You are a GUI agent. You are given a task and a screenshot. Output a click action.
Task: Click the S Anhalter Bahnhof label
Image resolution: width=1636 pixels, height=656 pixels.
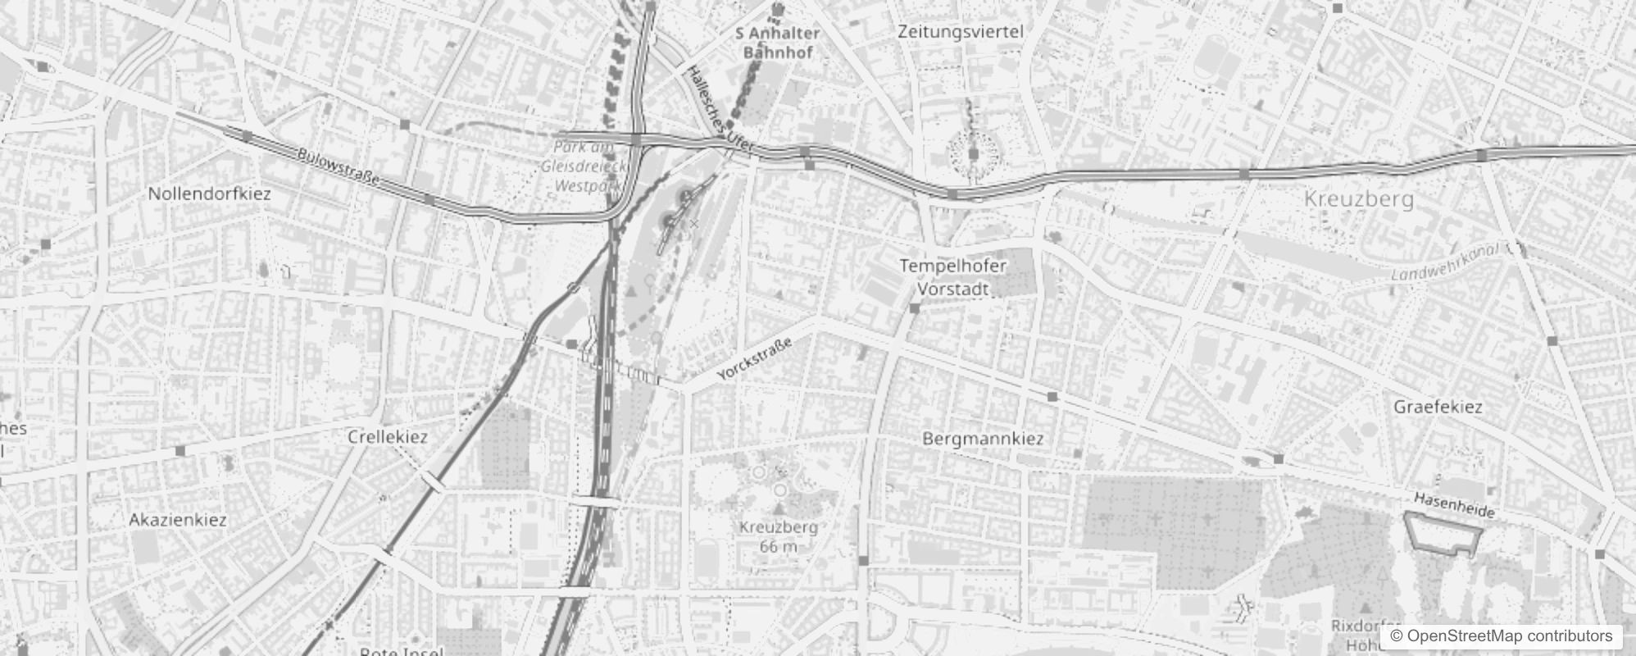(x=777, y=43)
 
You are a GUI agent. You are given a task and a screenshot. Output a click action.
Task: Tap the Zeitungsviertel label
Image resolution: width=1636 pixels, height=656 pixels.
(x=960, y=32)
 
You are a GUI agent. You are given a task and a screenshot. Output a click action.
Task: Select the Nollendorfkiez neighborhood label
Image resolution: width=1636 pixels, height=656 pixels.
(x=209, y=194)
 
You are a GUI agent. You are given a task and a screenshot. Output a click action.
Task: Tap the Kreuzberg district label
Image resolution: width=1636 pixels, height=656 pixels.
(x=1358, y=198)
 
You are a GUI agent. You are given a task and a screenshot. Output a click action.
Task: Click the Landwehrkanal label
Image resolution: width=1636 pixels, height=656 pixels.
(x=1445, y=262)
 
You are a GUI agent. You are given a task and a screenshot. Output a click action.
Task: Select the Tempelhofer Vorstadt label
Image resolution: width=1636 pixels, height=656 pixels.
(x=952, y=277)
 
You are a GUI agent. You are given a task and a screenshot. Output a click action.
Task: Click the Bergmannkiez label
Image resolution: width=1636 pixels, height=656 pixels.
(x=983, y=439)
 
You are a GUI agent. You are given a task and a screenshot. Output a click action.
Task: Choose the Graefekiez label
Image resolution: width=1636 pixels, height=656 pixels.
(x=1438, y=407)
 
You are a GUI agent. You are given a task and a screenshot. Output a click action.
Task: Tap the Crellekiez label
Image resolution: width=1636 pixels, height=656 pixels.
(x=388, y=437)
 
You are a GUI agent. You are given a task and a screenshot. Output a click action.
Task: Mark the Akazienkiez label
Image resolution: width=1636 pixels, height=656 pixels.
(x=178, y=520)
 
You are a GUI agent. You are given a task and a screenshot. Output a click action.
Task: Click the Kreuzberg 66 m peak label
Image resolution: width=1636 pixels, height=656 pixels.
(x=778, y=536)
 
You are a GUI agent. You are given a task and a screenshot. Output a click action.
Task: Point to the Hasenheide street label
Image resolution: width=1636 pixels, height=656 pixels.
(x=1454, y=505)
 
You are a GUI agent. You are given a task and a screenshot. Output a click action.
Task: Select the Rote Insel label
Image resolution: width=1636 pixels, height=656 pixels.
(x=402, y=650)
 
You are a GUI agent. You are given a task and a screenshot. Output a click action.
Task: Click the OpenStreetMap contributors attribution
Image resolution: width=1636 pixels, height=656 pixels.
(x=1500, y=636)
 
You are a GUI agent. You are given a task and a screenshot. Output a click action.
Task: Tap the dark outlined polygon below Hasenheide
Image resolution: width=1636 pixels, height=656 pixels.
(x=1443, y=534)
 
